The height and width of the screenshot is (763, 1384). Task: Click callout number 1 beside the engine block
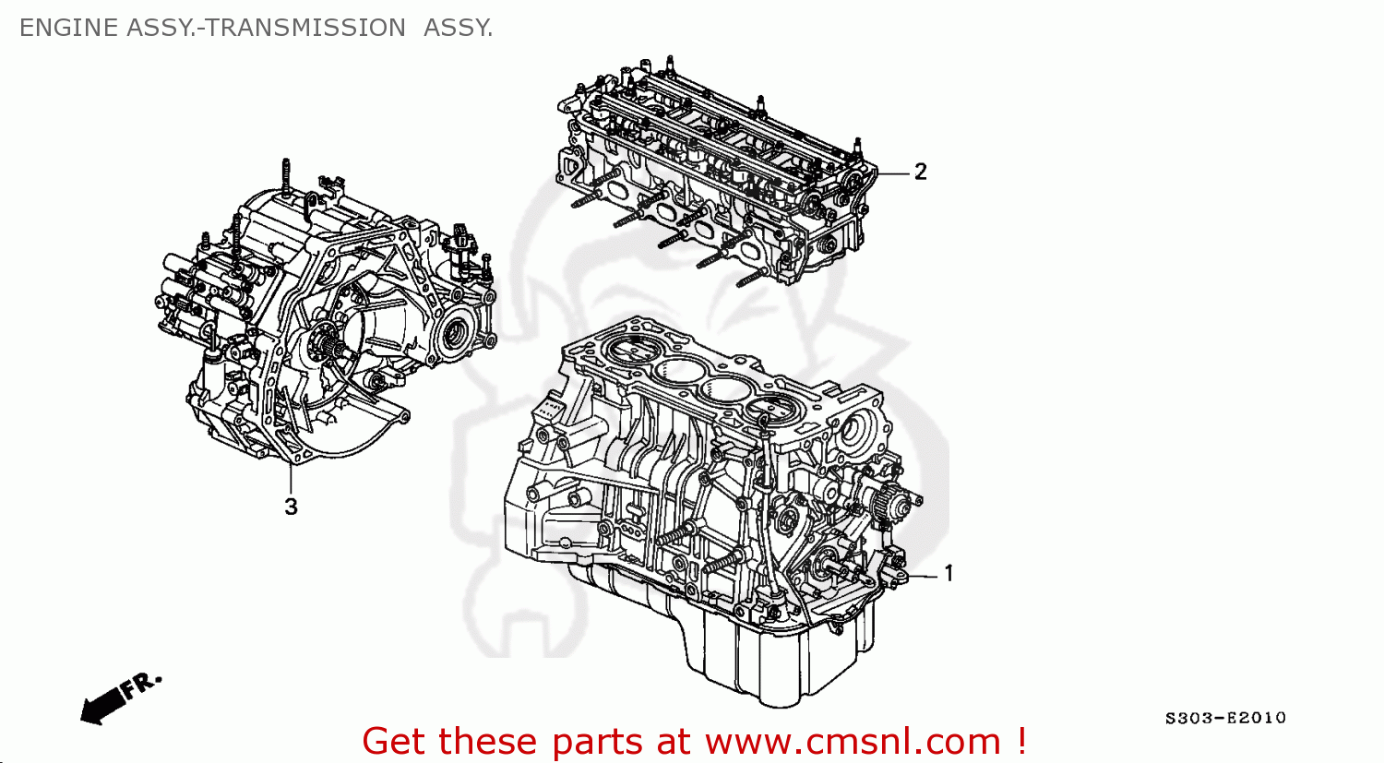[949, 574]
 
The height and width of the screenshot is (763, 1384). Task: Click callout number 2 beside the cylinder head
[920, 172]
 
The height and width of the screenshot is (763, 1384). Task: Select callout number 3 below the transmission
[291, 507]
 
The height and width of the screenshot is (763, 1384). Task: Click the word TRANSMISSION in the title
[305, 28]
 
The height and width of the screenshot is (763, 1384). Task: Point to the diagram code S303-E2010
[1224, 718]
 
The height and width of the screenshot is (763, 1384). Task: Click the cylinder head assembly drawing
[715, 175]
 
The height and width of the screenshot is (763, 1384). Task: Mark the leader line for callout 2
[893, 173]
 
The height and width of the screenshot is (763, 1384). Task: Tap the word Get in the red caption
[396, 741]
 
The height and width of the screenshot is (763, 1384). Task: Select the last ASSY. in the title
[459, 28]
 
